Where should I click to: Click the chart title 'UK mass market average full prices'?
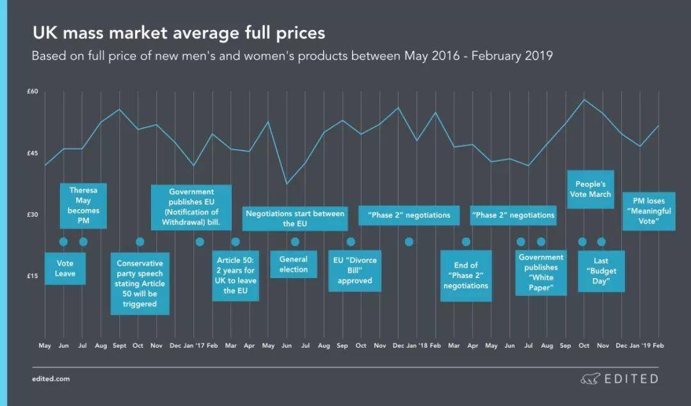click(179, 33)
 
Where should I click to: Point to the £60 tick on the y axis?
click(33, 91)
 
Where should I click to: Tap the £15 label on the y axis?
click(33, 276)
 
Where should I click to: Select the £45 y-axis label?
click(33, 153)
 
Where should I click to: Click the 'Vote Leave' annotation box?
click(65, 269)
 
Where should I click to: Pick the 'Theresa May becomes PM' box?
click(83, 205)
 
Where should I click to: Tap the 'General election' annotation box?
click(294, 264)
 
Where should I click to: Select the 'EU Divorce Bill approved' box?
click(355, 270)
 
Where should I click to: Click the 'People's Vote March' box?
click(591, 189)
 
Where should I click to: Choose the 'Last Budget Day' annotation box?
click(601, 271)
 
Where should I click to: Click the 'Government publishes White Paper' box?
click(541, 273)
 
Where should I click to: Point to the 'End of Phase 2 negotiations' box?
click(466, 276)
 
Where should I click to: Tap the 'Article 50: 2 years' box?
click(235, 276)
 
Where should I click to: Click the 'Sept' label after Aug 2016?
click(119, 346)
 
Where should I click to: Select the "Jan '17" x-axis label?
click(194, 346)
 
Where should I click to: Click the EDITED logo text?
click(631, 379)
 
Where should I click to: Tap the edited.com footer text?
click(51, 379)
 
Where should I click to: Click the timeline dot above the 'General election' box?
click(295, 242)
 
